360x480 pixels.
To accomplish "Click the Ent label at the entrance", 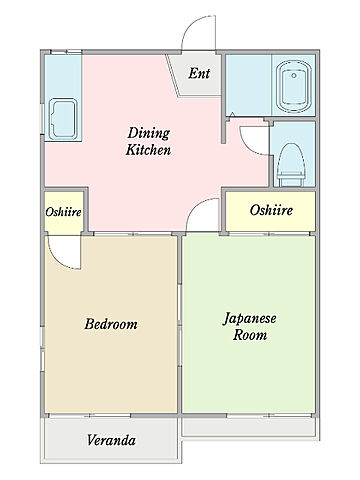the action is [199, 73].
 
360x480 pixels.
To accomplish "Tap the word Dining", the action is [149, 134].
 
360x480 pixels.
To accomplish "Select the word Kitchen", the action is [148, 150].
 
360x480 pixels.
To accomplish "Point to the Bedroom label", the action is [111, 324].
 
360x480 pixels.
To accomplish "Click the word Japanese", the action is [249, 319].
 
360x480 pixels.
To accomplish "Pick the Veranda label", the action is [111, 440].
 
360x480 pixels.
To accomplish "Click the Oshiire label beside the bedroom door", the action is [63, 212].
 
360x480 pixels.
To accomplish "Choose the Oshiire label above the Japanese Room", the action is [271, 210].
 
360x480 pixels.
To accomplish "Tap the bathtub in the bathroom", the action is [294, 87].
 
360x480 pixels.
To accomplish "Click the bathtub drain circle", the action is [294, 76].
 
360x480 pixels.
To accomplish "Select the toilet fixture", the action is [292, 165].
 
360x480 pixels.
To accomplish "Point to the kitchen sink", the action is [63, 119].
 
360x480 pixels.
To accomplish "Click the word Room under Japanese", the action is [250, 335].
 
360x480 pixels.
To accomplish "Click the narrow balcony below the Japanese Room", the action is [249, 427].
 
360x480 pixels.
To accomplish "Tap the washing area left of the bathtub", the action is [249, 85].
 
